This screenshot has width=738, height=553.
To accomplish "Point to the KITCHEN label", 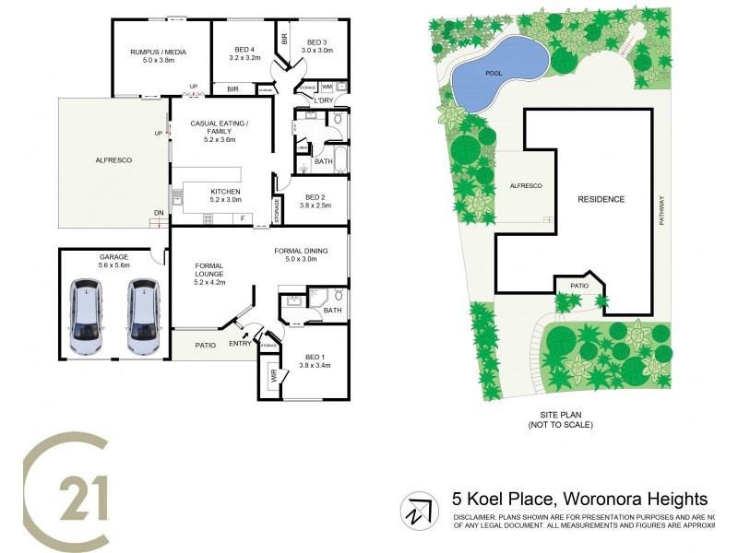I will click(x=225, y=192).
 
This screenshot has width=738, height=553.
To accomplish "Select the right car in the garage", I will click(x=143, y=317).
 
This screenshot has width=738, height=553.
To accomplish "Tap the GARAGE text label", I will click(x=113, y=256).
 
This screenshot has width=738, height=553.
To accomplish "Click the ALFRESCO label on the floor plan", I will click(x=113, y=160).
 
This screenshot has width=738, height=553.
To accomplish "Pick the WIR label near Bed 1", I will click(x=274, y=378).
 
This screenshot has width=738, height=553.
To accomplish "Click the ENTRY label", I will click(x=240, y=345).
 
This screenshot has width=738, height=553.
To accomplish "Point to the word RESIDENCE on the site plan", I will click(x=601, y=199).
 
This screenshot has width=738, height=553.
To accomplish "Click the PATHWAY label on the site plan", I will click(x=661, y=208).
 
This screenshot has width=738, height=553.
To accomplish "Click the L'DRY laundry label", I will click(x=323, y=100).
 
